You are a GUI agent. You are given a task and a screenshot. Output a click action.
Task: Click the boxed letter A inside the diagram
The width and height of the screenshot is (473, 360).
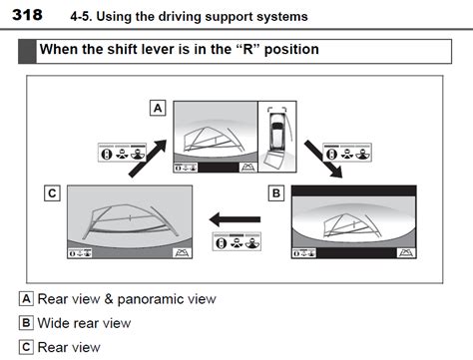[157, 106]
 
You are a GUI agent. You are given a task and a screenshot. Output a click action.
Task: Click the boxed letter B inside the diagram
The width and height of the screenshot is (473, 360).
[277, 191]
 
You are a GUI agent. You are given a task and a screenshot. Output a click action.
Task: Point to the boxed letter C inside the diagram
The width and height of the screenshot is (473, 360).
[51, 191]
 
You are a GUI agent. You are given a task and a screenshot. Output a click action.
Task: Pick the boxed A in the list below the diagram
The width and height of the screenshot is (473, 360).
[26, 298]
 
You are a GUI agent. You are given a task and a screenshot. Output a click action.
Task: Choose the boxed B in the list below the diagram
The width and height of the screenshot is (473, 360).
[26, 322]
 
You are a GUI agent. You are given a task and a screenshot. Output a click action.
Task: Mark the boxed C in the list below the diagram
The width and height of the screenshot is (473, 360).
[26, 346]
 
